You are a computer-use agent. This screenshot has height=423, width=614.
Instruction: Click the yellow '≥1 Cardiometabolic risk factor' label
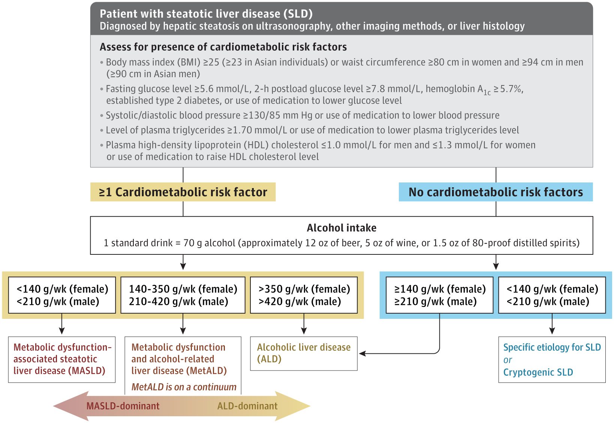[x=183, y=192]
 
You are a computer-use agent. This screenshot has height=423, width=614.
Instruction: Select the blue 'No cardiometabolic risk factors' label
[x=496, y=192]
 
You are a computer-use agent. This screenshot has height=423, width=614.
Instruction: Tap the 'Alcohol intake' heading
[x=341, y=228]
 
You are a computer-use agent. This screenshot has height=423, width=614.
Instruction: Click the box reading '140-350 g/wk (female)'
[x=183, y=295]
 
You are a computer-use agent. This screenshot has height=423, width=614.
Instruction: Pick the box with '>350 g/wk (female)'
[x=304, y=295]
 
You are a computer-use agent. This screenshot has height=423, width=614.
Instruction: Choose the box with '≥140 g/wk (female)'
[x=439, y=295]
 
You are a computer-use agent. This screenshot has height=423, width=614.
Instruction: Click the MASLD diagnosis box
[x=62, y=359]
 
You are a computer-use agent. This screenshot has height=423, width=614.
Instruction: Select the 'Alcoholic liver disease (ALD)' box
[x=304, y=353]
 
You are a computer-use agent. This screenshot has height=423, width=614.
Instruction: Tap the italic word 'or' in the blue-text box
[x=508, y=360]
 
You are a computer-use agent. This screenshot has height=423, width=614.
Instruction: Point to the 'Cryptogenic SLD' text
[x=538, y=372]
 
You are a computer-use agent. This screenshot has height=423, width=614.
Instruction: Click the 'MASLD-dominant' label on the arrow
[x=123, y=406]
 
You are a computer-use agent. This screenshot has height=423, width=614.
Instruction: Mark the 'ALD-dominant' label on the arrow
[x=247, y=406]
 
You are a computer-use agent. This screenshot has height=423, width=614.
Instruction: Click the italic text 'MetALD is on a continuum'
[x=184, y=387]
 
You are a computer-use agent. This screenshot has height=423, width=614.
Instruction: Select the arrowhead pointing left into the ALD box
[x=362, y=353]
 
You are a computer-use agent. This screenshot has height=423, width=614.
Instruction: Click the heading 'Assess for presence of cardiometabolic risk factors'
[x=223, y=47]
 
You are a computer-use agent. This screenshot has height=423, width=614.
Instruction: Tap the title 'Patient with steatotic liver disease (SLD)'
[x=206, y=14]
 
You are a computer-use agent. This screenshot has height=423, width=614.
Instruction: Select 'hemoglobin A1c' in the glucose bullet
[x=458, y=89]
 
